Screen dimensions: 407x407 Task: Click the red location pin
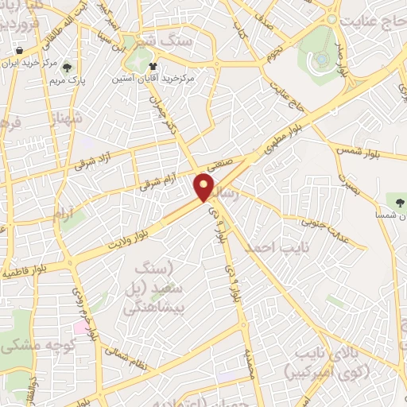tap(203, 188)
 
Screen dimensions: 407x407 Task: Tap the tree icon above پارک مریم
tap(67, 68)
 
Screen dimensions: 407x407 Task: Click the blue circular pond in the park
tap(321, 58)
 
